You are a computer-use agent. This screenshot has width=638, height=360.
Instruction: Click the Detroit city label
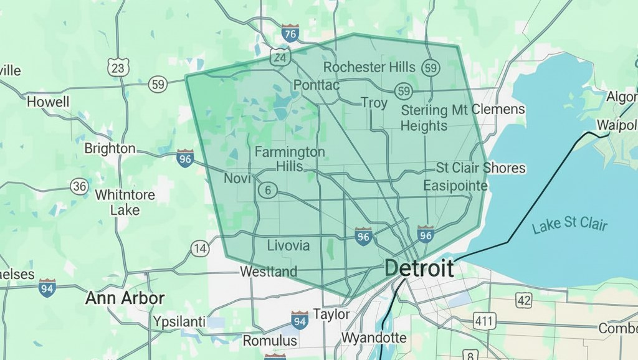[419, 268]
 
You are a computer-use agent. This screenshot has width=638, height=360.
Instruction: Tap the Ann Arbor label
[125, 298]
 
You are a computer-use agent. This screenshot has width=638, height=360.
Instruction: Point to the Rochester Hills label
[369, 67]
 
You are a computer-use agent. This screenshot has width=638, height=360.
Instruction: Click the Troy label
[374, 103]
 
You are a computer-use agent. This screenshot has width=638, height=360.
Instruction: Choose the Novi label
[237, 179]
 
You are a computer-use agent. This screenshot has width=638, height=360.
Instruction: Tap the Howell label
[48, 102]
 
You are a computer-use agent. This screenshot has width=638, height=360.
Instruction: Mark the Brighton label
[110, 148]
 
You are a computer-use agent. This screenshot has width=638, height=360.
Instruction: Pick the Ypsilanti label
[179, 321]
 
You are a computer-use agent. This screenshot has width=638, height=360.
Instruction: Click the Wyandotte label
[374, 338]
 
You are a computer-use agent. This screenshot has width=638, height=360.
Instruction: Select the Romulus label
[270, 341]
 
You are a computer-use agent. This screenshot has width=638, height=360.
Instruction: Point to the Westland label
[269, 272]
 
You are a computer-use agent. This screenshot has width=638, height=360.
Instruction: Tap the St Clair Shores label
[480, 168]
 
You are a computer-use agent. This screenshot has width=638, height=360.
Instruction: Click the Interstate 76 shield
[290, 34]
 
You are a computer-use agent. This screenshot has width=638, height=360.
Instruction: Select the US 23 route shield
[118, 67]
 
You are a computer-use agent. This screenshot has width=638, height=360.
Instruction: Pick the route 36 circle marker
[79, 186]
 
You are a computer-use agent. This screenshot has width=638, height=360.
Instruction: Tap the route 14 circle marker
[199, 249]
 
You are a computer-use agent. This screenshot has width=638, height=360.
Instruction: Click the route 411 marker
[482, 322]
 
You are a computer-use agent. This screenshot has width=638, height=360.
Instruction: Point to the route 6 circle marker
[268, 191]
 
